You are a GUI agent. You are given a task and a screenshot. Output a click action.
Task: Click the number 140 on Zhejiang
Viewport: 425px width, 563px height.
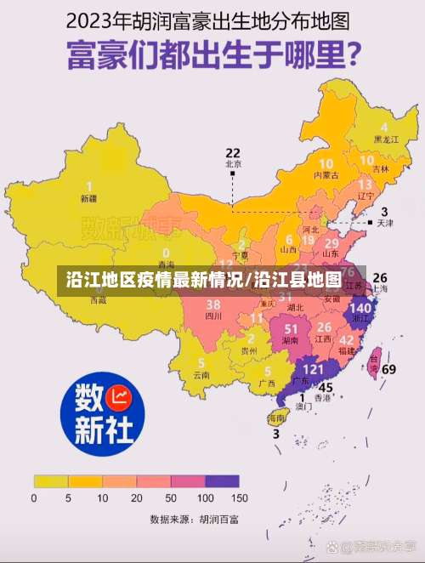pyautogui.click(x=360, y=307)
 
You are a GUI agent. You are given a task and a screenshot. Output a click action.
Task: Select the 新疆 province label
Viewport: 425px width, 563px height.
pyautogui.click(x=88, y=198)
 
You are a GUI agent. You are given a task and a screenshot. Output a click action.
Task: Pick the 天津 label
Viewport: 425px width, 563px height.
pyautogui.click(x=385, y=223)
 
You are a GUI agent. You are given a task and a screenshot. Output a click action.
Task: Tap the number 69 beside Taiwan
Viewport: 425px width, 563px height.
pyautogui.click(x=388, y=369)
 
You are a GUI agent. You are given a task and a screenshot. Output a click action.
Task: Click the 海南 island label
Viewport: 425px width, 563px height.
pyautogui.click(x=276, y=418)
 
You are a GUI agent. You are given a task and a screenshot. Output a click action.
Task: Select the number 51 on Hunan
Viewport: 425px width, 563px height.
pyautogui.click(x=292, y=327)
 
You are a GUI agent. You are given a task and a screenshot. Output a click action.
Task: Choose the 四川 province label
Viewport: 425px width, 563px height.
pyautogui.click(x=213, y=316)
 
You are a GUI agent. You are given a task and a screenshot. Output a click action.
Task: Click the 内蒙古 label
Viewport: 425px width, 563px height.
pyautogui.click(x=326, y=174)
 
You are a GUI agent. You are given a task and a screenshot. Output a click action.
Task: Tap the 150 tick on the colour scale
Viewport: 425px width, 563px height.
pyautogui.click(x=241, y=498)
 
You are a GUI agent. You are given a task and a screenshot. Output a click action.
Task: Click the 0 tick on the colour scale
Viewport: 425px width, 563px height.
pyautogui.click(x=34, y=498)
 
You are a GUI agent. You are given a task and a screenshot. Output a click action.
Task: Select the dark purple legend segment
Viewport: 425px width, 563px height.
pyautogui.click(x=223, y=481)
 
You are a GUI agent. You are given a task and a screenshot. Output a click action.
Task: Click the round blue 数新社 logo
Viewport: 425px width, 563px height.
pyautogui.click(x=97, y=415)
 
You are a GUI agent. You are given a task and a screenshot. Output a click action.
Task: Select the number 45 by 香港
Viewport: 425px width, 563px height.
pyautogui.click(x=326, y=388)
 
